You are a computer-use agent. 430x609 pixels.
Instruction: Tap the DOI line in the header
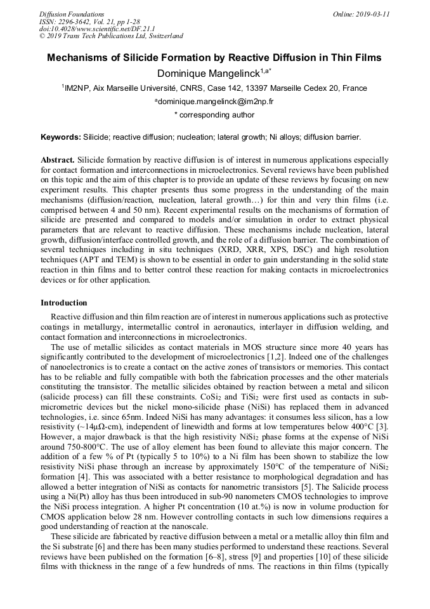[x=89, y=29]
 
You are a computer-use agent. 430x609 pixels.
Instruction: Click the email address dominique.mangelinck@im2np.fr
[x=216, y=102]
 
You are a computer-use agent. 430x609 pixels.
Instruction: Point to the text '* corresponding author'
[x=214, y=116]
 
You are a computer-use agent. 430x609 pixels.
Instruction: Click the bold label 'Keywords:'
[x=61, y=137]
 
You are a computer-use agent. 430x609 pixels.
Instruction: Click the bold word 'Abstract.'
[x=58, y=160]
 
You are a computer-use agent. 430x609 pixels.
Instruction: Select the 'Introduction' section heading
[x=64, y=303]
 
